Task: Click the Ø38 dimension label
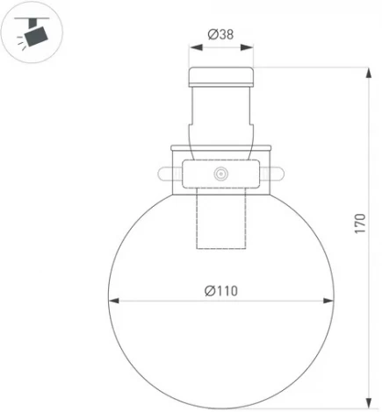(220, 34)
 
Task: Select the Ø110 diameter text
(221, 291)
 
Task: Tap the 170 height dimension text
(359, 224)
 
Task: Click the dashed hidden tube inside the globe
(220, 224)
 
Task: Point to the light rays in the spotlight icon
(20, 46)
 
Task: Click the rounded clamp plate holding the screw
(220, 175)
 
